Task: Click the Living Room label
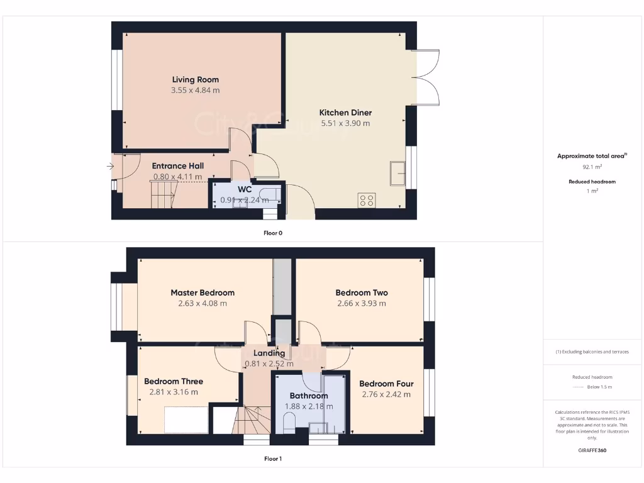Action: click(195, 80)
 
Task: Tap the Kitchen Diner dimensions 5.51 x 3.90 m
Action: click(345, 123)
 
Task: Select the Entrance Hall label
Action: click(177, 166)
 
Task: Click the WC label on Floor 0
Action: click(245, 189)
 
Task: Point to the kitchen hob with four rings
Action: click(366, 200)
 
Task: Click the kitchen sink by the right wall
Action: click(397, 174)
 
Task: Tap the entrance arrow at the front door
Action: click(110, 167)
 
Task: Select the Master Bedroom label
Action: click(203, 292)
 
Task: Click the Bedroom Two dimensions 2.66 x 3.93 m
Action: click(361, 303)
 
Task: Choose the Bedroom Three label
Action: click(174, 381)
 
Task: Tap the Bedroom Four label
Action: click(386, 384)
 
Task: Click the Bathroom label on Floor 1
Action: click(309, 396)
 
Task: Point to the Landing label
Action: click(269, 353)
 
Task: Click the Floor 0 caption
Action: click(273, 233)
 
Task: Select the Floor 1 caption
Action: click(273, 458)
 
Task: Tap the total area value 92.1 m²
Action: click(592, 167)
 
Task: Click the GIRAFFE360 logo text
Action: click(592, 450)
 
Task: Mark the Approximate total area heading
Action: click(592, 156)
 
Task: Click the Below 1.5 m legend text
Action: click(601, 387)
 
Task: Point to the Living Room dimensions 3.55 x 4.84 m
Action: click(195, 91)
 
